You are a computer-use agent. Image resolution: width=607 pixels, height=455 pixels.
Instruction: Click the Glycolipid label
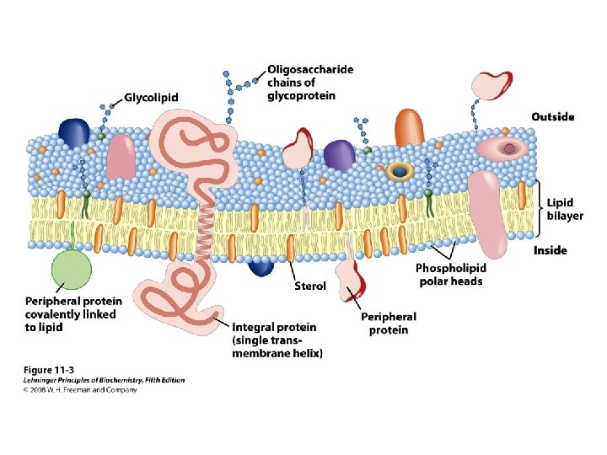click(x=152, y=98)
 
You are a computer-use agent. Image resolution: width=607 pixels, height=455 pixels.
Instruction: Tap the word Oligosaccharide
click(x=309, y=69)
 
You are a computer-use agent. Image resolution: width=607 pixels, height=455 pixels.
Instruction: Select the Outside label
click(x=552, y=116)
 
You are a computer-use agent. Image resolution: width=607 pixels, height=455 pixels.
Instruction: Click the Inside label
click(x=550, y=250)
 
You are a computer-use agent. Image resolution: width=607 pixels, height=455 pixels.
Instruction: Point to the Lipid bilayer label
click(x=564, y=209)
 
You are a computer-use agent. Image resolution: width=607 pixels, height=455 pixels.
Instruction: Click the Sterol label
click(x=309, y=286)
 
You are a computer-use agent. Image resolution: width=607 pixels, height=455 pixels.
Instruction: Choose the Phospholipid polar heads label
click(x=451, y=275)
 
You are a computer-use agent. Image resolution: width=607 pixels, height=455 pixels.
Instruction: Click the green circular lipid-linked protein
click(x=71, y=272)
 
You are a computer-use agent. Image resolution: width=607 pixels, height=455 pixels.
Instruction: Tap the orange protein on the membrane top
click(x=409, y=128)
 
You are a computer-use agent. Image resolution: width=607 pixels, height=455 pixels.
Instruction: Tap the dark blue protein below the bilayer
click(x=261, y=265)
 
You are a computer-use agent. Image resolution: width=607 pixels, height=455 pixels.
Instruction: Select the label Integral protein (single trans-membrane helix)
click(x=275, y=340)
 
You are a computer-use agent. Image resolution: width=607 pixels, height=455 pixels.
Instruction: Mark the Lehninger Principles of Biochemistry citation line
click(x=103, y=380)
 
